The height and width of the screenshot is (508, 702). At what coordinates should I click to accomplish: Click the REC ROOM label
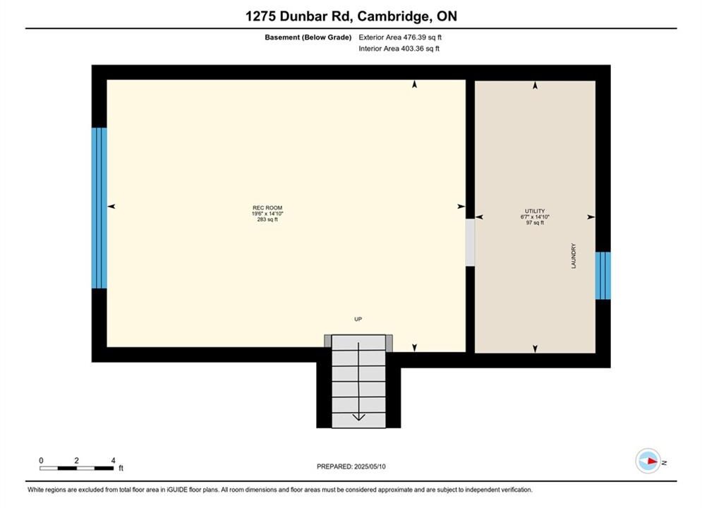(x=267, y=207)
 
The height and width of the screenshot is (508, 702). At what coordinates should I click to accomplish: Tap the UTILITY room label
(x=535, y=211)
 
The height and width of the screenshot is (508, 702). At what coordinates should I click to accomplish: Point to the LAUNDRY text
(x=574, y=256)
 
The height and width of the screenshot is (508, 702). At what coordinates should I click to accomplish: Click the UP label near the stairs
(x=358, y=319)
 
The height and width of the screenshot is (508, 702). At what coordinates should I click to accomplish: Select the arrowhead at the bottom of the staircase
(x=358, y=417)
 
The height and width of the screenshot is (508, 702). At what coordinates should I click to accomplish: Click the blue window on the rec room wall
(x=99, y=208)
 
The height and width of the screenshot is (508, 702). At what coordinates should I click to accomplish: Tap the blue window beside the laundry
(x=603, y=275)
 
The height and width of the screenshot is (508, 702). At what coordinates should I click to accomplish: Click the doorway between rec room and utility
(x=470, y=242)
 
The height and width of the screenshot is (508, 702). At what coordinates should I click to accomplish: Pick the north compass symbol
(x=648, y=461)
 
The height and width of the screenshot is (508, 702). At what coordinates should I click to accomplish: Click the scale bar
(x=77, y=468)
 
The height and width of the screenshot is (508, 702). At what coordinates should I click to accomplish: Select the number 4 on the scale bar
(x=114, y=460)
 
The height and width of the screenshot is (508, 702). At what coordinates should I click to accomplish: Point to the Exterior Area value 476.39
(x=415, y=37)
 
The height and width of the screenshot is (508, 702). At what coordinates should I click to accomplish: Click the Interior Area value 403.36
(x=412, y=49)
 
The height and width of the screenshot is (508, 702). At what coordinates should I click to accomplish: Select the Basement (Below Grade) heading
(x=308, y=37)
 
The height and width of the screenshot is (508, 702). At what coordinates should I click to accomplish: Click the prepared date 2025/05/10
(x=370, y=466)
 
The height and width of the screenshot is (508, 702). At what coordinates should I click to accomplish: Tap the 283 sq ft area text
(x=267, y=219)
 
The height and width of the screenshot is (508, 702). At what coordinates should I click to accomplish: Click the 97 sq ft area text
(x=535, y=222)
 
